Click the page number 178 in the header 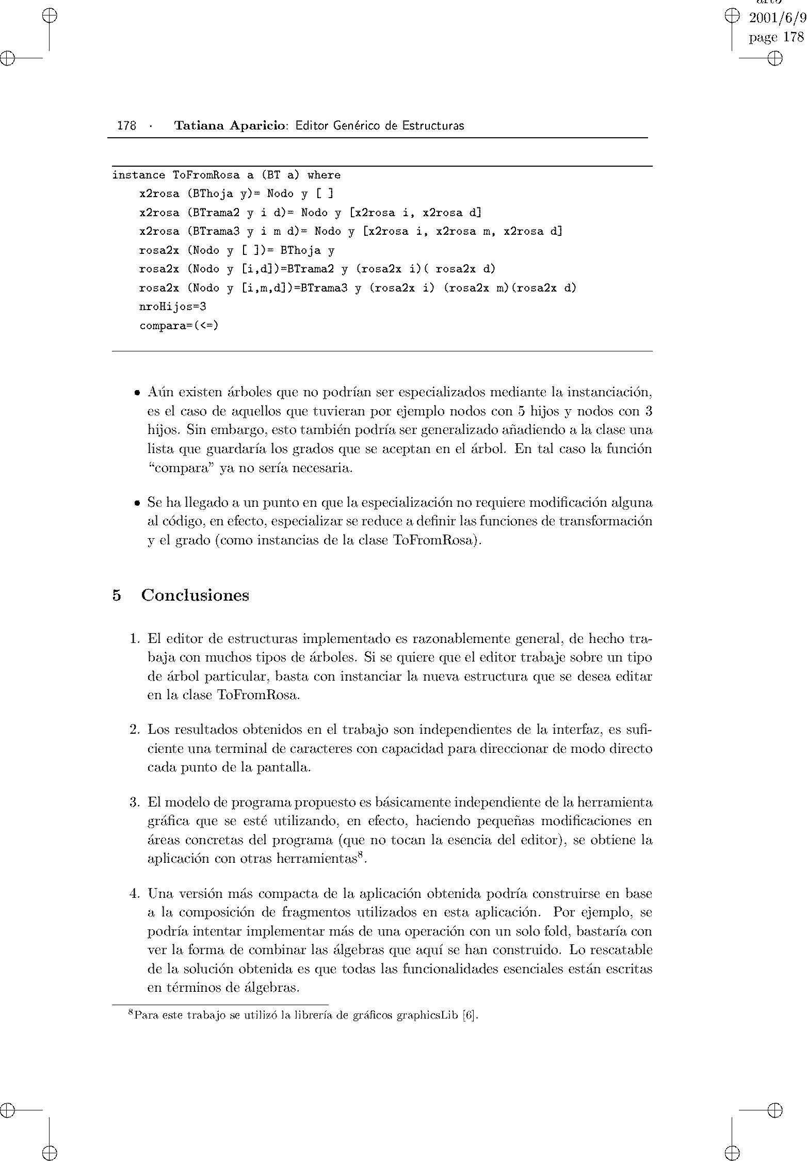click(x=126, y=125)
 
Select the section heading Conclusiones click(x=195, y=595)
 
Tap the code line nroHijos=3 click(x=173, y=307)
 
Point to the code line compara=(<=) click(x=179, y=326)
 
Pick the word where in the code click(x=324, y=175)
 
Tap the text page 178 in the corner click(x=776, y=37)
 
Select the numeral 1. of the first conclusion click(x=135, y=639)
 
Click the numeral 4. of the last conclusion click(x=135, y=893)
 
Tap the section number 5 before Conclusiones click(x=117, y=595)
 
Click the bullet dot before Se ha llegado click(x=137, y=503)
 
